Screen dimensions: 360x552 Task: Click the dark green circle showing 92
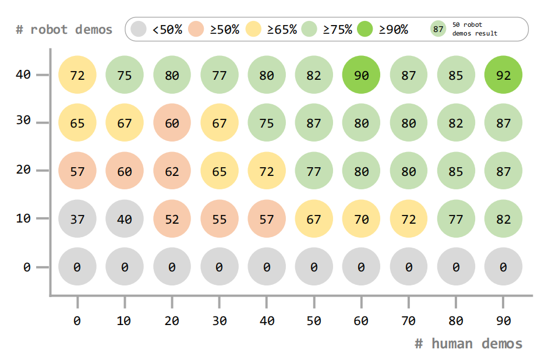coord(503,75)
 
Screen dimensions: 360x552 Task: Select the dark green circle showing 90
coord(361,75)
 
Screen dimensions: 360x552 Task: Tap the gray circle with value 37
coord(77,219)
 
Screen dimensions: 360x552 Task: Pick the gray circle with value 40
coord(125,219)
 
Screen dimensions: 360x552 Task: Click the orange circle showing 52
coord(172,219)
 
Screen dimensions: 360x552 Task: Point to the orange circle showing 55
coord(220,219)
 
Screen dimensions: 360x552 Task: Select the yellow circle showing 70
coord(361,219)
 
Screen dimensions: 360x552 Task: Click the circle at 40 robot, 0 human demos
coord(77,75)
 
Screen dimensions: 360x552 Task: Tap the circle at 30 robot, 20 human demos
coord(172,123)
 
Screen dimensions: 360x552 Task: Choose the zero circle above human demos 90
coord(503,267)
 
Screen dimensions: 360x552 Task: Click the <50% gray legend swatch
coord(139,29)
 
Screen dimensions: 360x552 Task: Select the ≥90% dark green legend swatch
coord(365,29)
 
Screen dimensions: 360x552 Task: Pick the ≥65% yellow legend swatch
coord(254,29)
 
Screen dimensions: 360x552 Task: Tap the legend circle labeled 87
coord(438,29)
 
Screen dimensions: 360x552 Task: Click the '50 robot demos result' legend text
coord(475,29)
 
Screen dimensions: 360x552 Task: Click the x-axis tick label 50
coord(314,320)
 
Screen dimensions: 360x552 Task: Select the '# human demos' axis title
coord(468,344)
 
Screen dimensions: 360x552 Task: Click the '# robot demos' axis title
coord(64,29)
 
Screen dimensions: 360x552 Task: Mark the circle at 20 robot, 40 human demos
coord(267,171)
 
